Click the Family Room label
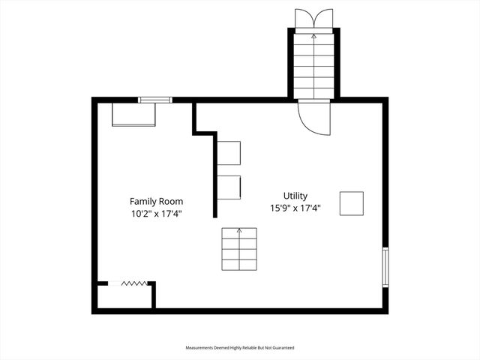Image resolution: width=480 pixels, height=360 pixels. [156, 201]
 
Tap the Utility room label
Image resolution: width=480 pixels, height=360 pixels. [295, 196]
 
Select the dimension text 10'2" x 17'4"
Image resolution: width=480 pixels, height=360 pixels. [156, 214]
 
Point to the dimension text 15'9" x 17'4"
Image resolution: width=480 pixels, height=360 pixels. [295, 208]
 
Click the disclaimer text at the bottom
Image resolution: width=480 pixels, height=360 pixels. [240, 348]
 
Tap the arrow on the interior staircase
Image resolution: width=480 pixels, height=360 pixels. [239, 232]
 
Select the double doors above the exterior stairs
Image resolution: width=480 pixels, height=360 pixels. [313, 18]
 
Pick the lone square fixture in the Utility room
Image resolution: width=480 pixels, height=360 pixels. [351, 203]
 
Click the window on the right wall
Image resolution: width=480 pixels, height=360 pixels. [385, 266]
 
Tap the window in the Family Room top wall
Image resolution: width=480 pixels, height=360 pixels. [154, 100]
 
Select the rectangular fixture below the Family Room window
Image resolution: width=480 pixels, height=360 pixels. [134, 115]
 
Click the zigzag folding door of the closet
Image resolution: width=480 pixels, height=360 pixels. [133, 283]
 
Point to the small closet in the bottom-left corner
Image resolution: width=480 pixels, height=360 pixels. [124, 295]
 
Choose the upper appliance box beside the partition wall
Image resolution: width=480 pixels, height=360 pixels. [229, 152]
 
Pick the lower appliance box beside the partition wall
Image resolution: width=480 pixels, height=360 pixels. [229, 187]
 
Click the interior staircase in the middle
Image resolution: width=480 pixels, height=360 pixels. [239, 249]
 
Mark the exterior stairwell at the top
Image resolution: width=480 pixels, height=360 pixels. [313, 64]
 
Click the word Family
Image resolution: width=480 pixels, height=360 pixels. [144, 201]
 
